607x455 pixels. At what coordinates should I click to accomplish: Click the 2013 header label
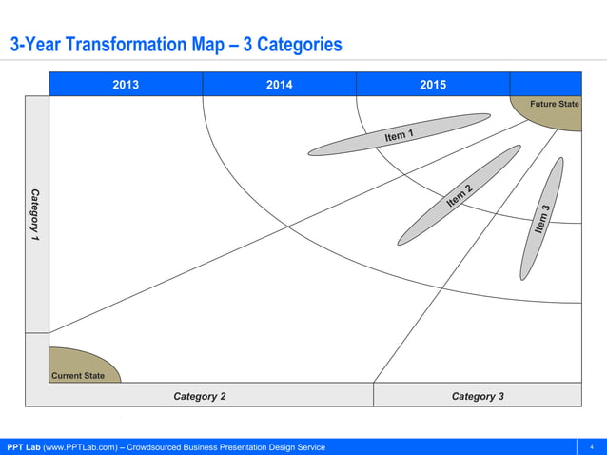click(x=126, y=85)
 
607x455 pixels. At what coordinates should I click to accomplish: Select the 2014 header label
click(x=279, y=85)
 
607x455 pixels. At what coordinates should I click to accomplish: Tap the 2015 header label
click(x=433, y=85)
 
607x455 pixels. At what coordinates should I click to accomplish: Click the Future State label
click(x=554, y=104)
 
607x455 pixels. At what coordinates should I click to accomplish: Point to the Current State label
click(x=78, y=375)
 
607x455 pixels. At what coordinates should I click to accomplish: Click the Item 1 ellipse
click(x=400, y=134)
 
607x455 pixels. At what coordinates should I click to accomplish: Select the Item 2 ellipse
click(x=459, y=195)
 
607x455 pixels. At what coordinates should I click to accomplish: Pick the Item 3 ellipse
click(x=542, y=219)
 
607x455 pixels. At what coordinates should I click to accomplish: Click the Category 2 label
click(x=199, y=396)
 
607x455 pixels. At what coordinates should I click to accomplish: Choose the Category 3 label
click(x=478, y=396)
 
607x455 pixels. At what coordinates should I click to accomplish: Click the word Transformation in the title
click(x=132, y=45)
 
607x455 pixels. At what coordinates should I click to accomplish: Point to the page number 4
click(x=592, y=447)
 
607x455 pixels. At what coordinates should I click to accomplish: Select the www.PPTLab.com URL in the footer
click(x=82, y=447)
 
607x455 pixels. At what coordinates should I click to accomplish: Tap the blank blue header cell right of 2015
click(x=545, y=84)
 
